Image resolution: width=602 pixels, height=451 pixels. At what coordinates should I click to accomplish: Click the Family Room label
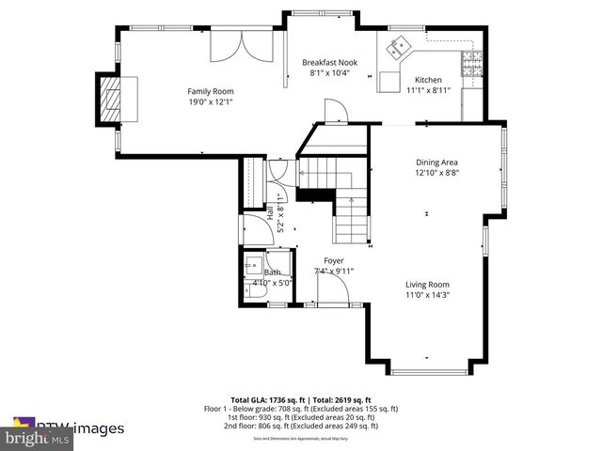pyautogui.click(x=210, y=91)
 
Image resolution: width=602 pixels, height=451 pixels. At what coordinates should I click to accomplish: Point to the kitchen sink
pyautogui.click(x=398, y=43)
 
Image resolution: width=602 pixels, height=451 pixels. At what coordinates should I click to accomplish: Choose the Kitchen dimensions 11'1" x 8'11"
pyautogui.click(x=428, y=91)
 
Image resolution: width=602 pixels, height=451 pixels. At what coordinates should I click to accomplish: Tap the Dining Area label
pyautogui.click(x=436, y=162)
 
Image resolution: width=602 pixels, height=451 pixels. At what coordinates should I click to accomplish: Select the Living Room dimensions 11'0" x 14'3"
pyautogui.click(x=427, y=295)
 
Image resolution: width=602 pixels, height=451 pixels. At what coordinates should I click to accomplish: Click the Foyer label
pyautogui.click(x=334, y=260)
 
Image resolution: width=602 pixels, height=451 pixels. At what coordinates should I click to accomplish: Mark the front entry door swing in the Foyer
pyautogui.click(x=330, y=290)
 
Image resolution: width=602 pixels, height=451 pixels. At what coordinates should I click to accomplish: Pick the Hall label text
pyautogui.click(x=270, y=213)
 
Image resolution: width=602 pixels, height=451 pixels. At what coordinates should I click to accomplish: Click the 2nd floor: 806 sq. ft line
pyautogui.click(x=301, y=426)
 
